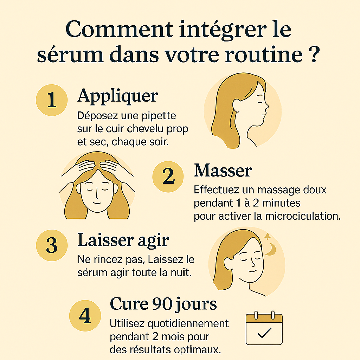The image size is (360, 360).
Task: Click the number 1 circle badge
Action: [x=51, y=100]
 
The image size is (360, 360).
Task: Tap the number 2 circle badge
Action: [x=168, y=177]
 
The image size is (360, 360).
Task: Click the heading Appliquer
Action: [x=117, y=95]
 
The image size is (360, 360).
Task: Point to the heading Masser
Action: [x=223, y=171]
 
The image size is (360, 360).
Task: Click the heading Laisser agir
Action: [x=123, y=240]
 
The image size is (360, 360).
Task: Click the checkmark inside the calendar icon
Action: [x=264, y=332]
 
